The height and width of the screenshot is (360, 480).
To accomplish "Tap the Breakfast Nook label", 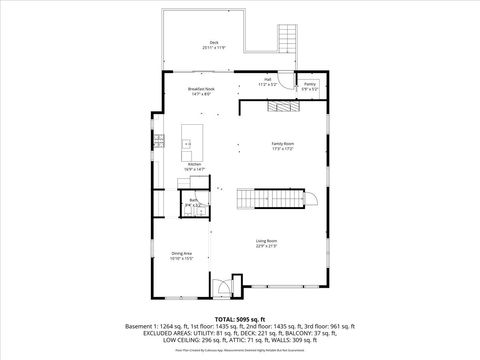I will pyautogui.click(x=202, y=89).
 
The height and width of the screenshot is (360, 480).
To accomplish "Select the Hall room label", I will pyautogui.click(x=269, y=80).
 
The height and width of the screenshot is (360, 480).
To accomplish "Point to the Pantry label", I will pyautogui.click(x=310, y=85).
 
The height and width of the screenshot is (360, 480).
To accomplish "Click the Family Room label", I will pyautogui.click(x=283, y=143).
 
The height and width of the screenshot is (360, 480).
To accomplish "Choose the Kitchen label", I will pyautogui.click(x=194, y=164).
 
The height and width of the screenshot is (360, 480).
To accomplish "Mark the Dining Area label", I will pyautogui.click(x=181, y=253).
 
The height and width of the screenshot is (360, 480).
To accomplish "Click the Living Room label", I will pyautogui.click(x=266, y=241).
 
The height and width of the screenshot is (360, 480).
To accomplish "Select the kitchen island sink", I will pyautogui.click(x=187, y=145).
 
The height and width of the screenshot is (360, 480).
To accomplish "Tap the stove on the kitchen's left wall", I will pyautogui.click(x=158, y=143).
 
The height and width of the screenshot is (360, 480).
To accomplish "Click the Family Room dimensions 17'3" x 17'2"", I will pyautogui.click(x=283, y=149).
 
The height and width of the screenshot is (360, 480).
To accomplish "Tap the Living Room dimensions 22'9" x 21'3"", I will pyautogui.click(x=266, y=247).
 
